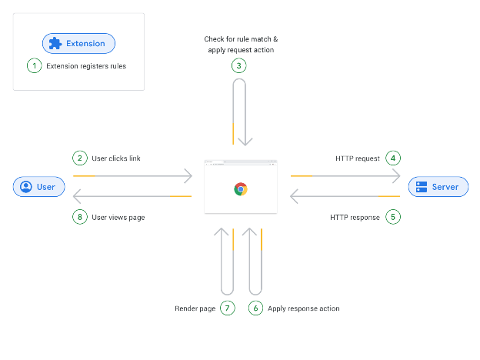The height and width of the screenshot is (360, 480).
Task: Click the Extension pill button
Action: click(78, 44)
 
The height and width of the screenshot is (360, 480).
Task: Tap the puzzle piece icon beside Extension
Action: click(55, 44)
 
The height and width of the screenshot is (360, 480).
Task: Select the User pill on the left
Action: click(39, 187)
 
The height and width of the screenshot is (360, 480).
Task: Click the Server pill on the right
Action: click(438, 187)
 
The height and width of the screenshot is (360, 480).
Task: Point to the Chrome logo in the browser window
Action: click(241, 189)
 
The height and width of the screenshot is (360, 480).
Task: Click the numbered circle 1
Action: click(35, 65)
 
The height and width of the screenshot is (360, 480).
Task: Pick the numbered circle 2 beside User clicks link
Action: click(80, 158)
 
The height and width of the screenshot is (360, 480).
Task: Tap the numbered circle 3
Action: click(238, 65)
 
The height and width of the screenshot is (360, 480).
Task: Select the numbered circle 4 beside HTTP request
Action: click(393, 158)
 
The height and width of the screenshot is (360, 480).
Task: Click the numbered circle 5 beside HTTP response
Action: click(393, 217)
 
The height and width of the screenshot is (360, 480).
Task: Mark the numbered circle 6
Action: click(255, 308)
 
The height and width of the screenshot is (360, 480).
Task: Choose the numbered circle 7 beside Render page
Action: click(228, 308)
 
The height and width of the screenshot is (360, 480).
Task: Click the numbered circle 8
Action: click(80, 217)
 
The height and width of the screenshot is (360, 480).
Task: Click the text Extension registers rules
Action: click(86, 66)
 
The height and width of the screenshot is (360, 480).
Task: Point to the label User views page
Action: click(118, 218)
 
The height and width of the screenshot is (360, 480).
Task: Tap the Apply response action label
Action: click(303, 308)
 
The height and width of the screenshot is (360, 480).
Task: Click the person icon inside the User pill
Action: click(26, 187)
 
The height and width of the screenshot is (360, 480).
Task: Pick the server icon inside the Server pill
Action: click(422, 187)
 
